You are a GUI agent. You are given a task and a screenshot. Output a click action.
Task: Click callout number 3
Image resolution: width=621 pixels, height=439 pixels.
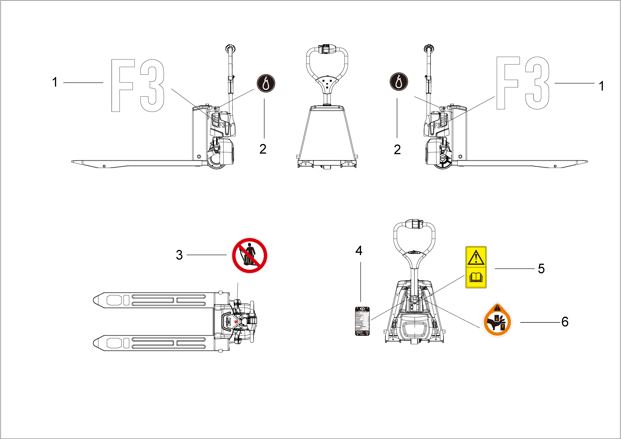click(179, 255)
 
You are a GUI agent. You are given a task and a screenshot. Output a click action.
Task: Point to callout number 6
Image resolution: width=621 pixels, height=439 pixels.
click(565, 322)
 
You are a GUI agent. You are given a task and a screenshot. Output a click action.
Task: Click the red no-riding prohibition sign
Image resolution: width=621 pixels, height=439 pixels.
click(249, 256)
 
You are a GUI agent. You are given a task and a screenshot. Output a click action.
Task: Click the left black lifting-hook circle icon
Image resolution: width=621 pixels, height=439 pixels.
click(266, 83)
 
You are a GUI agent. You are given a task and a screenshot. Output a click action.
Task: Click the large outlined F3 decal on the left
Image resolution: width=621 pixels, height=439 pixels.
click(138, 85)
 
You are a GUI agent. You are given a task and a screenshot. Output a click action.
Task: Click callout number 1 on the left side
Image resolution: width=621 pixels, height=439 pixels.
click(55, 82)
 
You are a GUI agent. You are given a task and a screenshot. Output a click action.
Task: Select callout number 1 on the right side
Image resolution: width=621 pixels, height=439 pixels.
click(601, 86)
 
